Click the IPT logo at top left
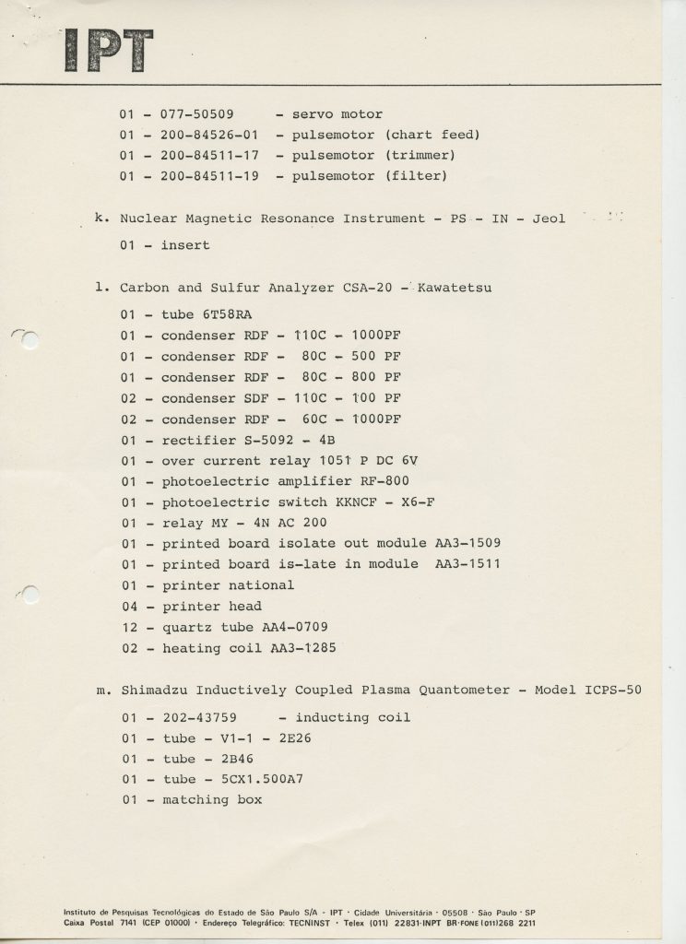108,51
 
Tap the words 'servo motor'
337,114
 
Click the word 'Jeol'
550,219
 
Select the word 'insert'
185,245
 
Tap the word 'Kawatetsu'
455,288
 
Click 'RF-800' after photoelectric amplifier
386,481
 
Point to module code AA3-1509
468,543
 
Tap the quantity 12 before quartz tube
129,627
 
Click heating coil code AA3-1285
301,648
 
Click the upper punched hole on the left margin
30,340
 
